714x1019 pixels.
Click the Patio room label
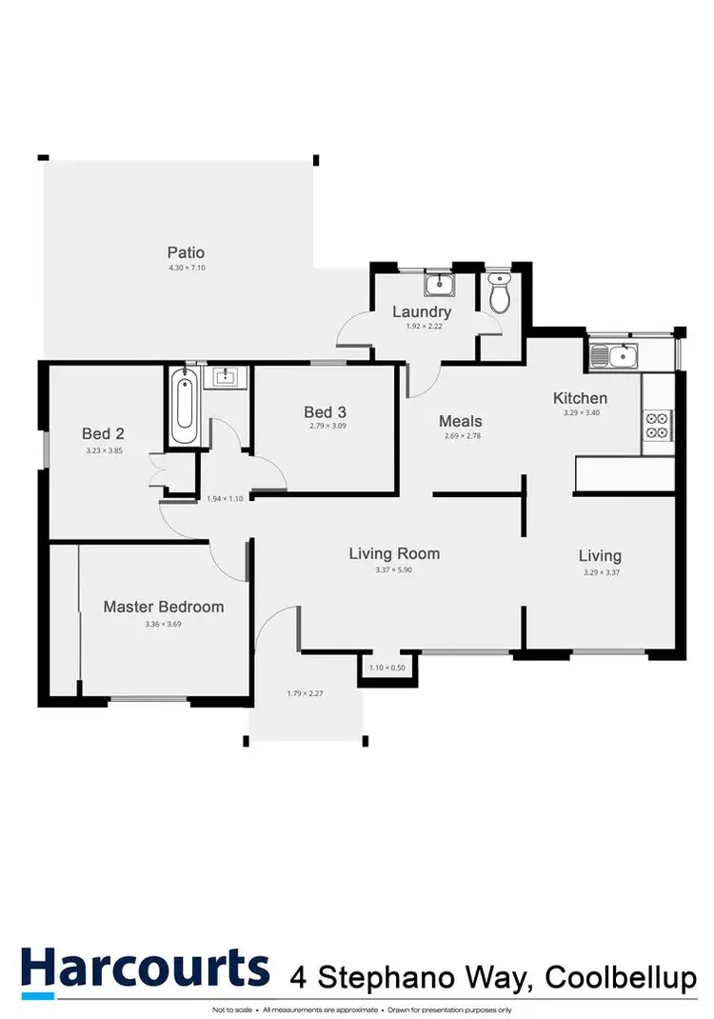186,252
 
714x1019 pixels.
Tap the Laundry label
422,311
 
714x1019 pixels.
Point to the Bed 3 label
325,411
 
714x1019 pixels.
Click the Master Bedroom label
164,607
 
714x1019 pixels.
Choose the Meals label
460,421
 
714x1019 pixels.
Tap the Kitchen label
581,398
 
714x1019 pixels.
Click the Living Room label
394,553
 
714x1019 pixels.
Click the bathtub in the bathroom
186,407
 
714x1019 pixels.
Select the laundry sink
439,284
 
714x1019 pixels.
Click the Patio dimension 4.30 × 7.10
186,269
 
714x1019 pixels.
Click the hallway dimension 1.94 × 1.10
226,498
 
